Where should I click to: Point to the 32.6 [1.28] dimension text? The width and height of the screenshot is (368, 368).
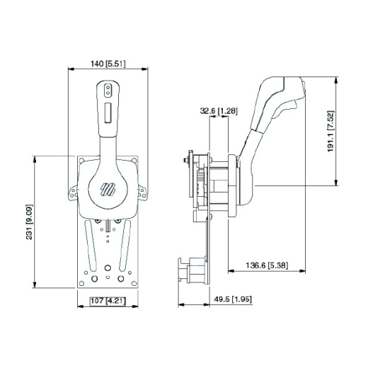click(218, 110)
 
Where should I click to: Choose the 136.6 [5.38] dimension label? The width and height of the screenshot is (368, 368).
click(266, 264)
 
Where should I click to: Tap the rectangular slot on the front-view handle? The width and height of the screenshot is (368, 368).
click(106, 111)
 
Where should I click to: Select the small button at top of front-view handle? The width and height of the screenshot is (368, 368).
click(106, 90)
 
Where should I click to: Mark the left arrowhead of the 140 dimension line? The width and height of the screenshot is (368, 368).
click(70, 69)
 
